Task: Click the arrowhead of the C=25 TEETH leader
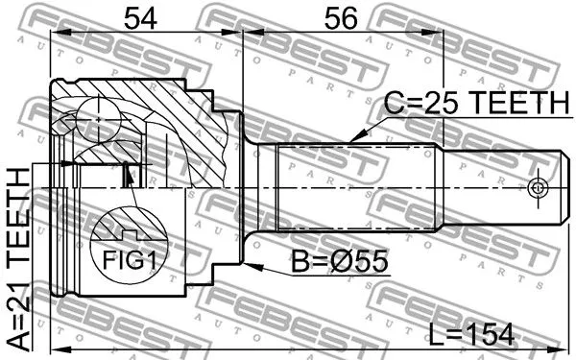[352, 141]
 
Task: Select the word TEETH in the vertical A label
[19, 214]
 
